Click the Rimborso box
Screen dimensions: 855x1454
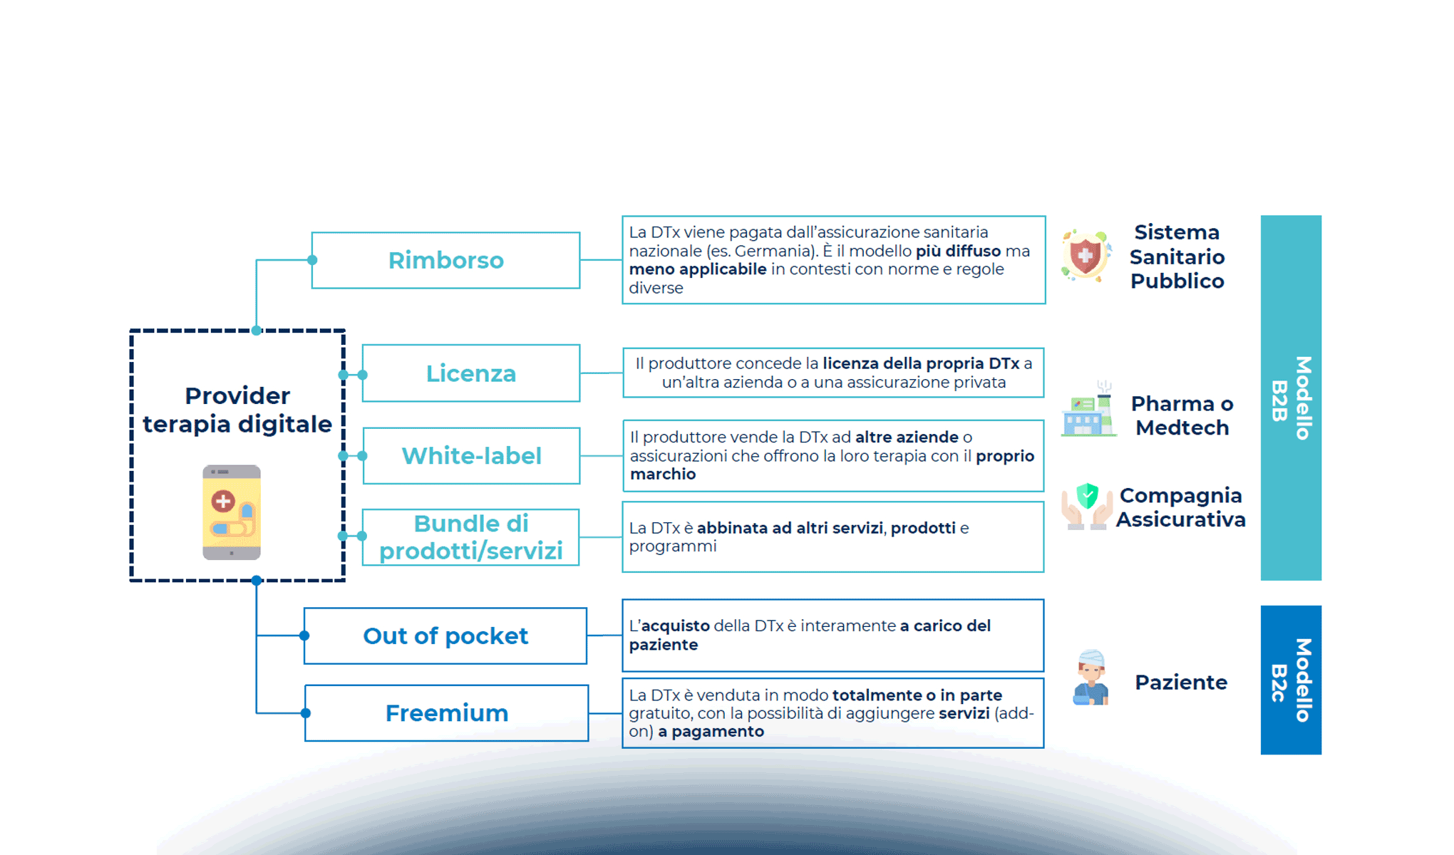(x=445, y=260)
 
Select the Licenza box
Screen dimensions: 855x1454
(x=470, y=373)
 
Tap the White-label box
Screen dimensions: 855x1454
(x=471, y=456)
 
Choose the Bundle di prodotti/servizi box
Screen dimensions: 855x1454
(x=470, y=537)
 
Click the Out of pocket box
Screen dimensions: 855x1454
(x=445, y=636)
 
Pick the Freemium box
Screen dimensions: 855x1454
(x=446, y=713)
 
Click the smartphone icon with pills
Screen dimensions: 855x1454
(x=232, y=512)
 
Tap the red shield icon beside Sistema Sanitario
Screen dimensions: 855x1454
(x=1086, y=256)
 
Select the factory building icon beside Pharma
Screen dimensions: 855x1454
(x=1088, y=410)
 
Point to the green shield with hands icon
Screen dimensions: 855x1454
(x=1087, y=506)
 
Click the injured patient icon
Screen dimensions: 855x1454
(x=1091, y=678)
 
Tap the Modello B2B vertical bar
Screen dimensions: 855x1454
(x=1291, y=398)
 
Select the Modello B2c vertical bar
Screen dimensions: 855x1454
(x=1291, y=680)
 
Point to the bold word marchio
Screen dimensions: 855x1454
(x=663, y=475)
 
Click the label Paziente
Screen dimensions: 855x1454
(x=1181, y=683)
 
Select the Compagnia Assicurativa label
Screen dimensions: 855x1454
(x=1181, y=507)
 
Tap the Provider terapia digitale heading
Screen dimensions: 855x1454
(x=237, y=410)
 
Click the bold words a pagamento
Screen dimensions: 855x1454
(x=711, y=732)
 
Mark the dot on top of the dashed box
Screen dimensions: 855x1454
(x=257, y=331)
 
